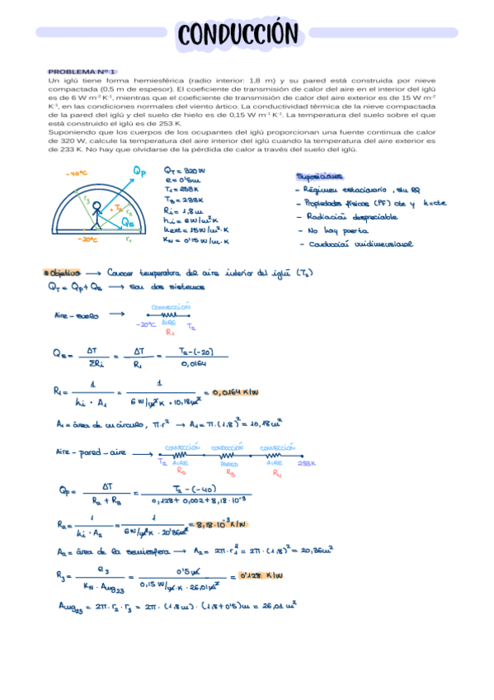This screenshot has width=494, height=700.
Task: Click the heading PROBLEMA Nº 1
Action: tap(82, 72)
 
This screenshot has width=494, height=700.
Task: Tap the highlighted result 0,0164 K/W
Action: tap(236, 392)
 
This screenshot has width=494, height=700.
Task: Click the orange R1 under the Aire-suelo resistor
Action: tap(169, 333)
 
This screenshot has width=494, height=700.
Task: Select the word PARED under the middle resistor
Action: tap(230, 464)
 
